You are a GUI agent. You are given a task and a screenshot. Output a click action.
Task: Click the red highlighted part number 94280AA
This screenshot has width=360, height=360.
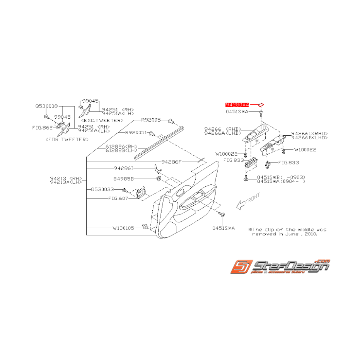point(237,104)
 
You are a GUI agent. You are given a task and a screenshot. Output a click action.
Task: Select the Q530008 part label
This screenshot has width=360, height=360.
point(46,106)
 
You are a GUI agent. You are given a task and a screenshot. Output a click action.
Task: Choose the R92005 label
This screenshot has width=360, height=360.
point(150,120)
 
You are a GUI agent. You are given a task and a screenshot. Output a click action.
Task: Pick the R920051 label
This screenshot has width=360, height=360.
point(136,133)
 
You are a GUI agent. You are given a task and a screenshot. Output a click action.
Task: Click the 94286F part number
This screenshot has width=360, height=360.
point(171,161)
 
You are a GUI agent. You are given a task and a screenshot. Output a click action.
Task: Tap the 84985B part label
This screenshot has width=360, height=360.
point(123,179)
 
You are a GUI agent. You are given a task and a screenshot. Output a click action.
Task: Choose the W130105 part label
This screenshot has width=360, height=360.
point(123,228)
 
